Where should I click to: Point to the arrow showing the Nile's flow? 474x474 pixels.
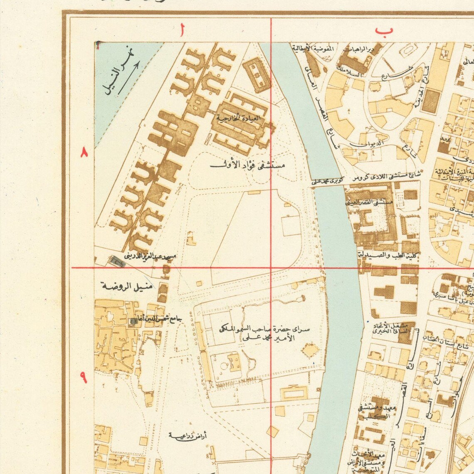coord(129,77)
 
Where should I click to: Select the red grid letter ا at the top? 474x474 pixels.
coord(182,31)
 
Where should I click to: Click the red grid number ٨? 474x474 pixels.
coord(84,153)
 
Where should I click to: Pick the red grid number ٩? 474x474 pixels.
coord(84,378)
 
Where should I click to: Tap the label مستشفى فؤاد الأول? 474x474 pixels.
coord(248,165)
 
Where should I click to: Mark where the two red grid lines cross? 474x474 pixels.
coord(271,267)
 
